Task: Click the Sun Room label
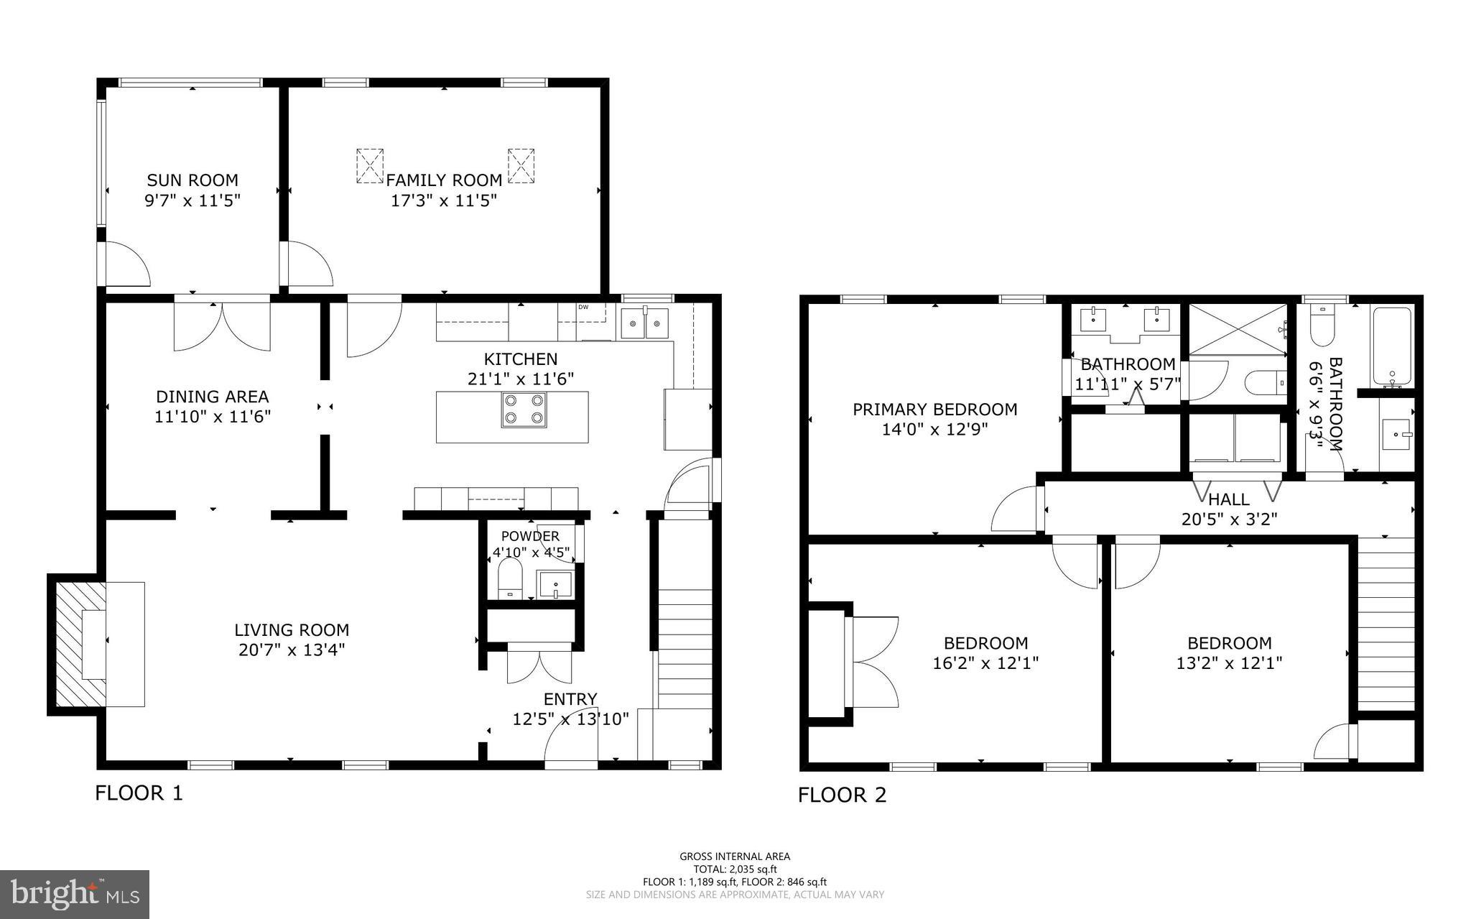tap(192, 180)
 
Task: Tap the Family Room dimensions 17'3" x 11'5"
tap(444, 200)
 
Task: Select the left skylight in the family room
tap(370, 166)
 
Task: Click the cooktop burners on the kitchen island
tap(524, 410)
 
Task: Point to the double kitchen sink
tap(644, 324)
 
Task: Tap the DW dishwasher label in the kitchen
tap(583, 308)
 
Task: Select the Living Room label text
tap(292, 630)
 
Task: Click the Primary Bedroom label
tap(934, 410)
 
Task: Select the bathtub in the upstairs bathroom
tap(1393, 346)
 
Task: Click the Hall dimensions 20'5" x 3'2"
tap(1229, 519)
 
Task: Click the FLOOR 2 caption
tap(842, 795)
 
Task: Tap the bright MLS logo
tap(75, 894)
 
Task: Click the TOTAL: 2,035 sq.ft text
tap(735, 869)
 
